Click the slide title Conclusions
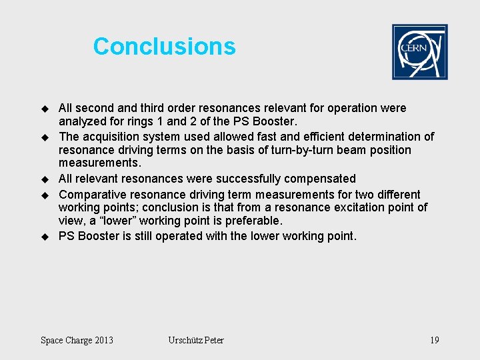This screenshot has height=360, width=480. pyautogui.click(x=164, y=46)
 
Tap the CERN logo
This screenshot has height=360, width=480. pyautogui.click(x=419, y=52)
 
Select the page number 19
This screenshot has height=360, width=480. pyautogui.click(x=434, y=341)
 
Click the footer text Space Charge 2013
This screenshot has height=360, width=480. pyautogui.click(x=77, y=341)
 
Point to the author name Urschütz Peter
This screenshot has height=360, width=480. pyautogui.click(x=196, y=341)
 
